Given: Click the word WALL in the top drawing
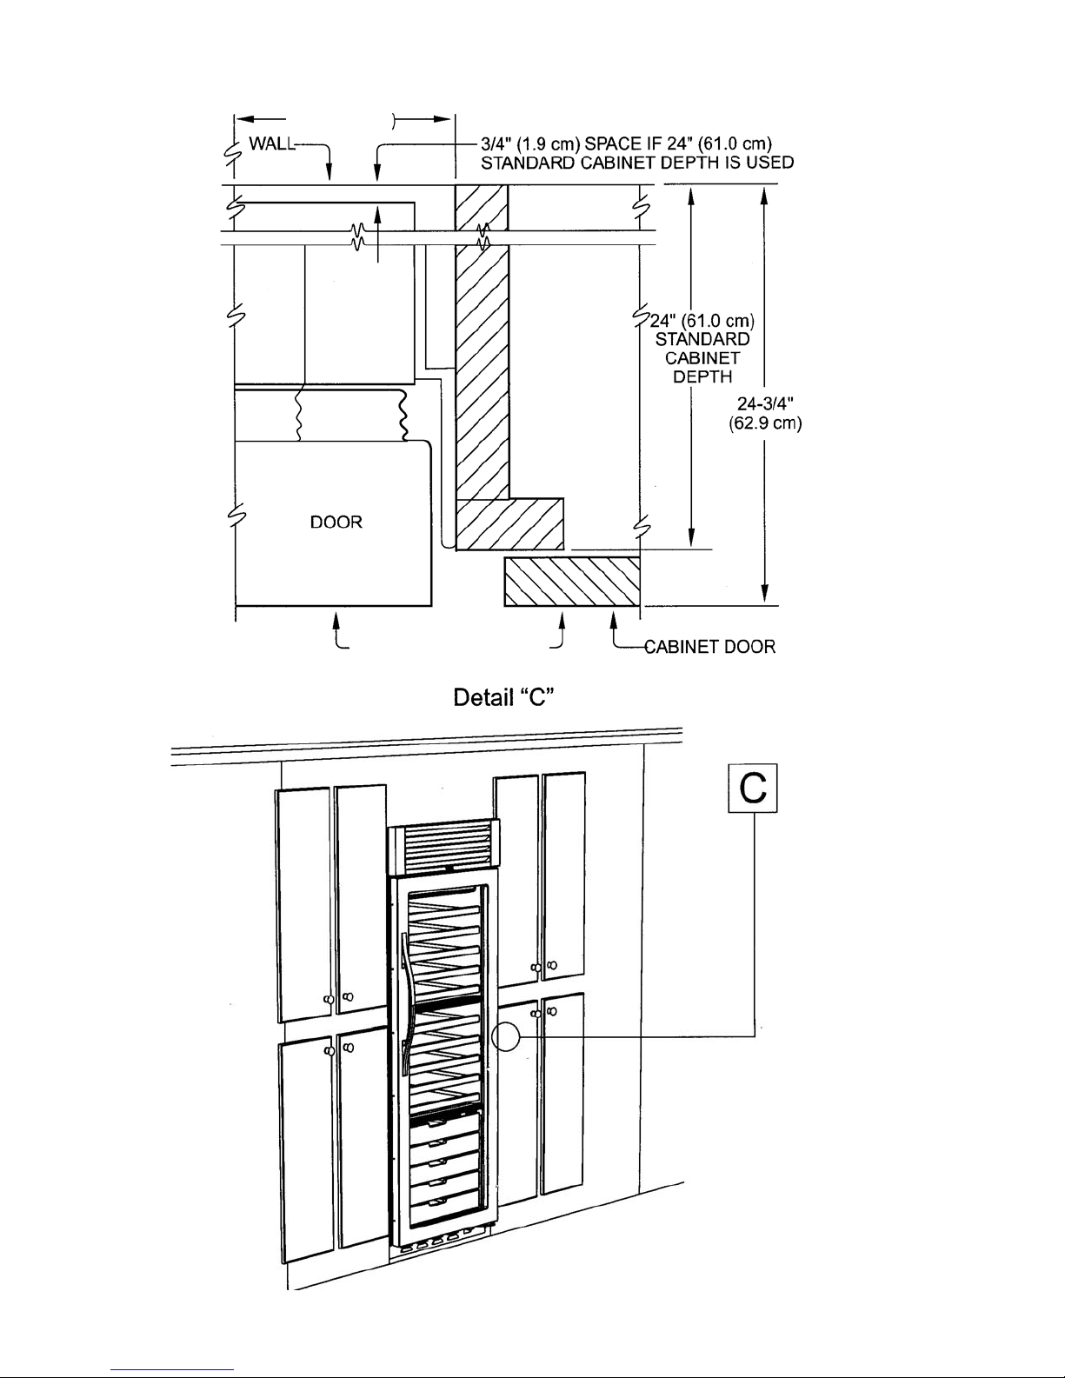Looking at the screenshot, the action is [x=272, y=144].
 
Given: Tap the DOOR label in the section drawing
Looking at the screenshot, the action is [x=336, y=522].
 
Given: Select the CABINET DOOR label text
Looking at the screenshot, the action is [x=709, y=647].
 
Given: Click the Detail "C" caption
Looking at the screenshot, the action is [x=504, y=697].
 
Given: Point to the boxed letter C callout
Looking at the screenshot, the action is [x=753, y=789].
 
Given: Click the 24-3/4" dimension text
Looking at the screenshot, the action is [x=765, y=404].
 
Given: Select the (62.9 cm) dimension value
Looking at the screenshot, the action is [x=765, y=423].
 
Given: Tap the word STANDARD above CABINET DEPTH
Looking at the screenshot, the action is [x=702, y=339].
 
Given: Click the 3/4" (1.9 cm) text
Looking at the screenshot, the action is [x=530, y=144].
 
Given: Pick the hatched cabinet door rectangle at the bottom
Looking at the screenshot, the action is [x=572, y=582].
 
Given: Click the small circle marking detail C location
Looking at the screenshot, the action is [x=505, y=1037].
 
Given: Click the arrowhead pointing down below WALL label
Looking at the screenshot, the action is [x=329, y=172].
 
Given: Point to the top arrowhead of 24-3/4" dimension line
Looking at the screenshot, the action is [x=765, y=196].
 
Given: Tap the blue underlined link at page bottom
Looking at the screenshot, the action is [x=172, y=1370].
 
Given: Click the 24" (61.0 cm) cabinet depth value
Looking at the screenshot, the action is [x=702, y=321].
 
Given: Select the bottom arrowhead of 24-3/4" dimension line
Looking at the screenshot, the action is [x=765, y=594].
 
